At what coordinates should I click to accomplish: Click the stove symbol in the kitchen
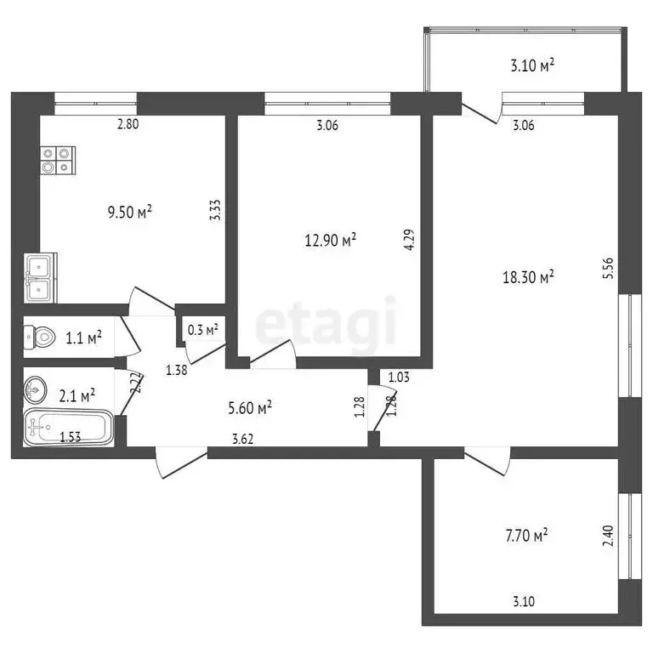coord(58,160)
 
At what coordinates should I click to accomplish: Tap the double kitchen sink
coord(39,278)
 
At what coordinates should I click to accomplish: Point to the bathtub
coord(67,428)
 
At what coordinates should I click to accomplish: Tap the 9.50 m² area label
coord(130,212)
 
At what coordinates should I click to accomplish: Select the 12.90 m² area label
coord(330,241)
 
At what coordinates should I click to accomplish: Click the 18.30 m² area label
coord(528,276)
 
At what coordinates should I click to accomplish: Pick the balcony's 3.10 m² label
coord(533,64)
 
